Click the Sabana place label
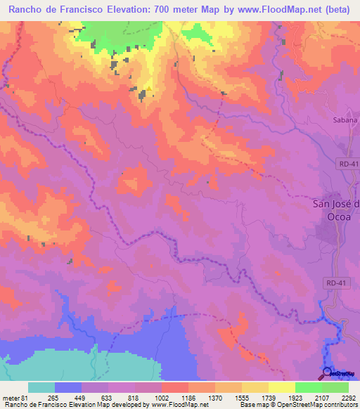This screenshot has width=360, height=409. tap(345, 119)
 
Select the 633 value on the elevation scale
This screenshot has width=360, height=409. tap(115, 397)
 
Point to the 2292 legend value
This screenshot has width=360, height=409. tap(349, 397)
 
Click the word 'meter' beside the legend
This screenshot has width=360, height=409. tap(10, 397)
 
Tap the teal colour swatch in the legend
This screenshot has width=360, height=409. tap(41, 387)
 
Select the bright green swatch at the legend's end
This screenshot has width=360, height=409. tap(335, 387)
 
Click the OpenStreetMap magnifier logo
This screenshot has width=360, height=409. tap(328, 372)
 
